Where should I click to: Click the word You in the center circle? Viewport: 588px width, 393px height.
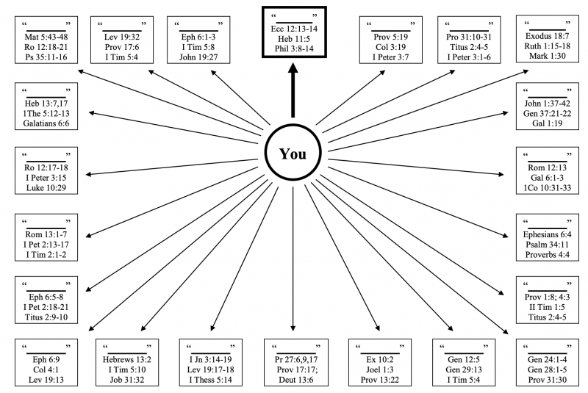(293, 156)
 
